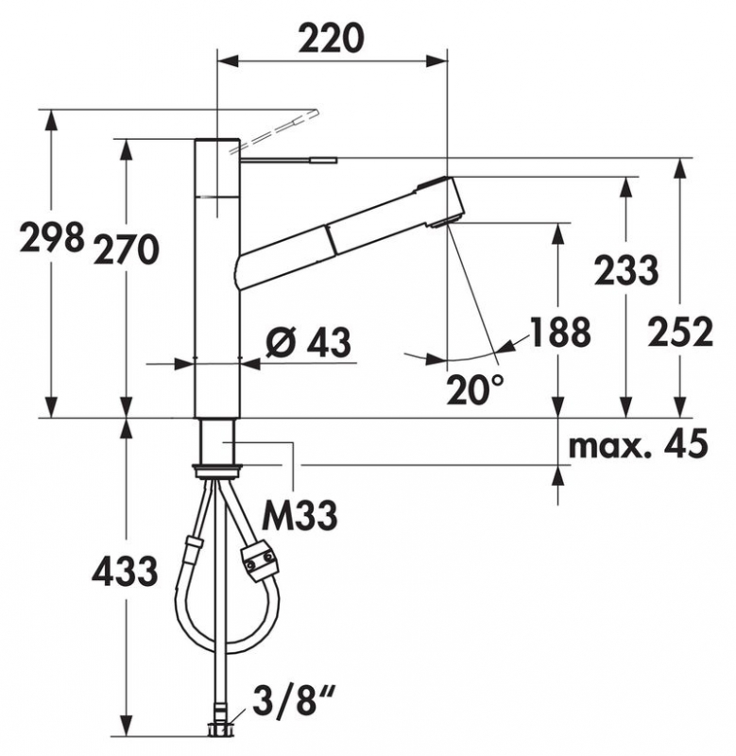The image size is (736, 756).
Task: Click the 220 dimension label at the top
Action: [x=332, y=38]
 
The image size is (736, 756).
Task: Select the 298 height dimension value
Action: [x=52, y=237]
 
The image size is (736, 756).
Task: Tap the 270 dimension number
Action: [x=127, y=249]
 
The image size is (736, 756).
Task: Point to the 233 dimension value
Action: [x=626, y=270]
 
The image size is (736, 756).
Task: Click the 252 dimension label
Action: [x=680, y=332]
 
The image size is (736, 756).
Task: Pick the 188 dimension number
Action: [x=560, y=332]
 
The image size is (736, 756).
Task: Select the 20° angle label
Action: [x=474, y=389]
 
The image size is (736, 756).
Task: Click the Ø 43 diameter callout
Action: [x=308, y=343]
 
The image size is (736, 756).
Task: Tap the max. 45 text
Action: [x=638, y=443]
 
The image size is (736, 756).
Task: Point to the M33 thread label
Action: [x=300, y=515]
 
